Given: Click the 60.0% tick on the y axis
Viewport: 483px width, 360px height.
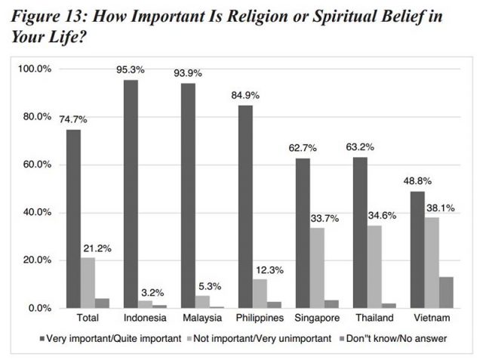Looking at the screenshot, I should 36,165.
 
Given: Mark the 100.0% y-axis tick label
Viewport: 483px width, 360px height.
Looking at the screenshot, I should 34,69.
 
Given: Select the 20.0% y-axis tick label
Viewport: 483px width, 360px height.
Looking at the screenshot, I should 36,260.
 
